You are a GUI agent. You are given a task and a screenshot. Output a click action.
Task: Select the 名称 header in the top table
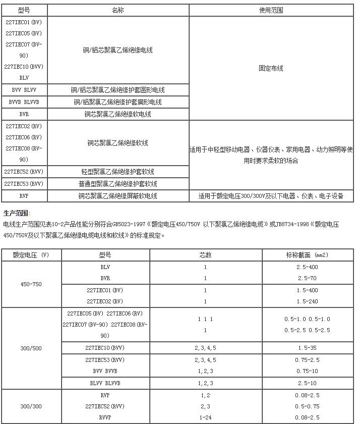117,11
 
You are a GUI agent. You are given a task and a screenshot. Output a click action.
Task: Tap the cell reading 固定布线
271,68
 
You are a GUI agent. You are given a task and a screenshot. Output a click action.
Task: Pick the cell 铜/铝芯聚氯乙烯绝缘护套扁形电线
117,102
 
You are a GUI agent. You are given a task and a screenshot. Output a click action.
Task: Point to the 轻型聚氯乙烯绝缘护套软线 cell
117,172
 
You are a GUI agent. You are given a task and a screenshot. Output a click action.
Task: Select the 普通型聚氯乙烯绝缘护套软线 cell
117,184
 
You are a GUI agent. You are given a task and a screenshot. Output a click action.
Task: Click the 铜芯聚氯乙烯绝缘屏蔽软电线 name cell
117,196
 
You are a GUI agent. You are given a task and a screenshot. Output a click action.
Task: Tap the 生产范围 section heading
17,213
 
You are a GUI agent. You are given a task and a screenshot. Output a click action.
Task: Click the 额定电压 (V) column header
31,255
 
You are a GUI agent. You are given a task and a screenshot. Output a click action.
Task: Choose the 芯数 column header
205,255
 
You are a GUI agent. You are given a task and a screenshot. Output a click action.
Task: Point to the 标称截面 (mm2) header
307,255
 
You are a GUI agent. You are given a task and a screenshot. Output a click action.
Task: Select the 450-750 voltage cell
31,284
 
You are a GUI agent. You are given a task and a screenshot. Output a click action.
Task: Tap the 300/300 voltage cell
31,406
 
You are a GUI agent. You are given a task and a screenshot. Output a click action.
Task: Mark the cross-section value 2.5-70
307,278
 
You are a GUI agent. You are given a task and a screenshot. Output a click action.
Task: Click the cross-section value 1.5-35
307,348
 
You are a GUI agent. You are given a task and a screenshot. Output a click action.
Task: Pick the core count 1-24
205,417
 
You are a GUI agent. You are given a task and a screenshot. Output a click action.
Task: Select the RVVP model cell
105,417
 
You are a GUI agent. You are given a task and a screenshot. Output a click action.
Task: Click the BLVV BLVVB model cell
105,383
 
